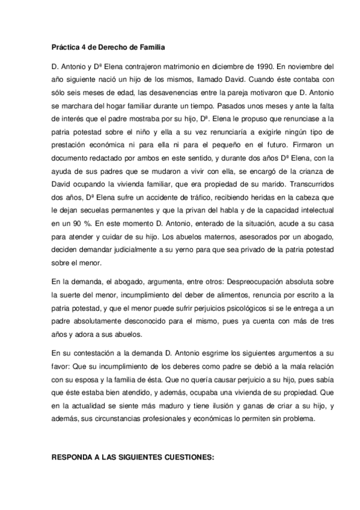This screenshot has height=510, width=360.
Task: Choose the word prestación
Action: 72,147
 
